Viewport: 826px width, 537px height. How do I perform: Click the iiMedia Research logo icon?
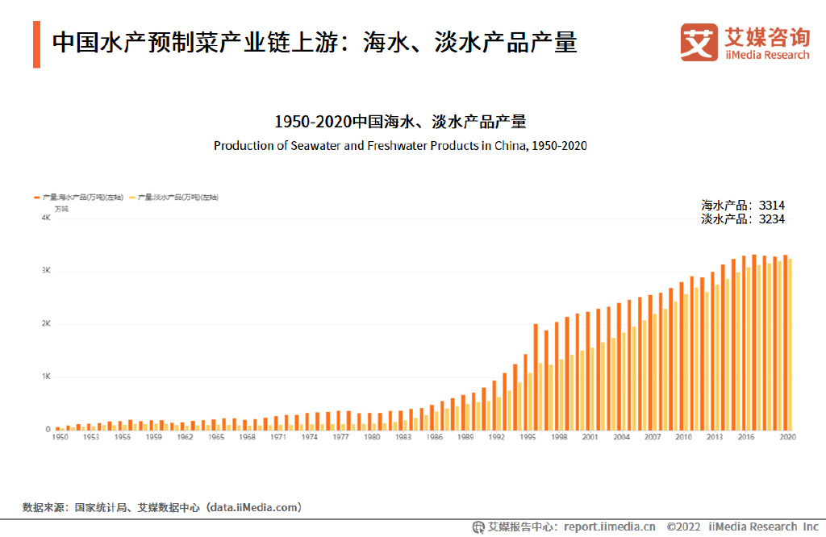699,42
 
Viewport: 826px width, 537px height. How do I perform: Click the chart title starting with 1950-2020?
400,122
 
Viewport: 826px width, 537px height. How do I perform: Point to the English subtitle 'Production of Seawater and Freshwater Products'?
400,146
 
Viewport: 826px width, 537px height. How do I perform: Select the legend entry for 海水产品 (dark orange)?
79,197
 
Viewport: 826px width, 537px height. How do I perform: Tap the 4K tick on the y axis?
46,218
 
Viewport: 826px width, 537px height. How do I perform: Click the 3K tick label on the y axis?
46,271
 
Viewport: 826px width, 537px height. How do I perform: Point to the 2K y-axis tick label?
46,324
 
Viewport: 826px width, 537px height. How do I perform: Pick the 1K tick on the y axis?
46,377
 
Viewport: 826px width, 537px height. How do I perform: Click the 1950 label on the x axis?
60,436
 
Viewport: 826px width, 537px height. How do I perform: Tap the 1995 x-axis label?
528,436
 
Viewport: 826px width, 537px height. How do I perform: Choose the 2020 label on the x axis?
787,436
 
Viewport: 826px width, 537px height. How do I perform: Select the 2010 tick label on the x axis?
683,436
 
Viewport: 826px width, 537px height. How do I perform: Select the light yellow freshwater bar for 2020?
791,344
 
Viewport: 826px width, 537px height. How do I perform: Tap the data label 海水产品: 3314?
742,206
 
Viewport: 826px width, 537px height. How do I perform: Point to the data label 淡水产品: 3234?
742,219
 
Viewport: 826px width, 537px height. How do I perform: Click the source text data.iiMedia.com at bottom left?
255,507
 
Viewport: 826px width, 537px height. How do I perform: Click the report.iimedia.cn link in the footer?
609,527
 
